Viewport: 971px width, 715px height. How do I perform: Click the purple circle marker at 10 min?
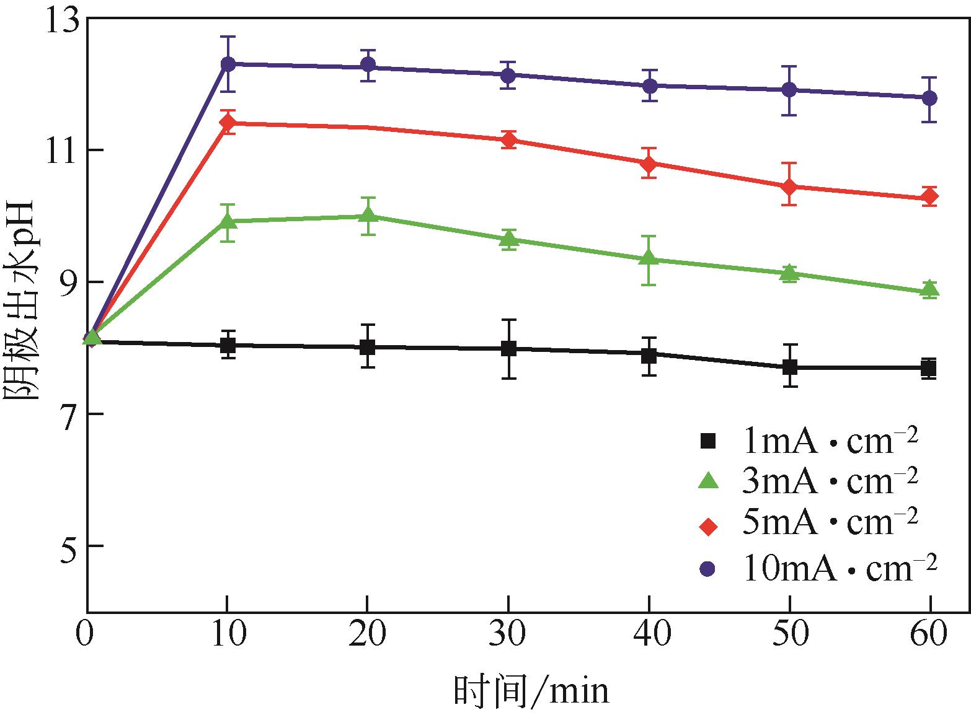pos(228,64)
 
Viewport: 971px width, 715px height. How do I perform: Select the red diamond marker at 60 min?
pos(929,196)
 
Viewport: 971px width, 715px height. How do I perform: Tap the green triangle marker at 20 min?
pos(368,215)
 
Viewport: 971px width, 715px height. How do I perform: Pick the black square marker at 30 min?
pos(508,349)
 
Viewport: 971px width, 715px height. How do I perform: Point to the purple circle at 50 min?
pos(789,90)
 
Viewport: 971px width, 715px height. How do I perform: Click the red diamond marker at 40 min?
pos(649,164)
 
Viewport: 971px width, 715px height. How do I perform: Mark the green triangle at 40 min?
pos(649,258)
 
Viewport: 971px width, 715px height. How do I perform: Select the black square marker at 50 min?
pos(789,367)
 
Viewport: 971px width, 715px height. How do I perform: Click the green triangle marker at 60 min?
pos(929,289)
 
